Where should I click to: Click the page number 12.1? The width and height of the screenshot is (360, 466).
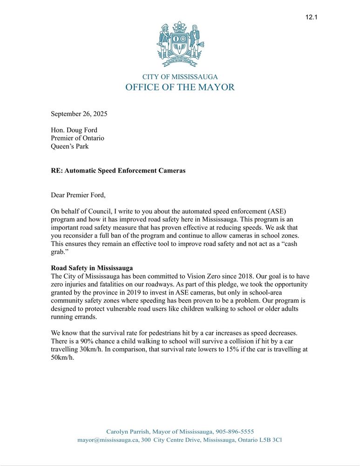click(x=311, y=17)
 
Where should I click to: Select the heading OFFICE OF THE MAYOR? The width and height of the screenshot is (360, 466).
click(x=180, y=87)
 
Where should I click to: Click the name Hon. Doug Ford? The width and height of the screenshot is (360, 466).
click(x=74, y=130)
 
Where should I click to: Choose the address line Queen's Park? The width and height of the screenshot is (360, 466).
click(x=69, y=146)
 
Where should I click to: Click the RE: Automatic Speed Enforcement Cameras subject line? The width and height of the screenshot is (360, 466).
click(x=118, y=171)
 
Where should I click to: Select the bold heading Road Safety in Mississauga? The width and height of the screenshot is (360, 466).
click(x=92, y=268)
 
